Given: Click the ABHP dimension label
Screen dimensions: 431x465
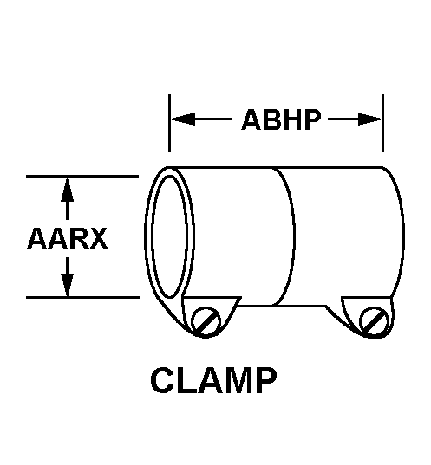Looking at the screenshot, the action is tap(281, 119).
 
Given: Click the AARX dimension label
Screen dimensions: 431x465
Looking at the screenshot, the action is tap(67, 238).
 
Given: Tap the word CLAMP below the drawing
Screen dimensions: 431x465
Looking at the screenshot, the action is tap(214, 380).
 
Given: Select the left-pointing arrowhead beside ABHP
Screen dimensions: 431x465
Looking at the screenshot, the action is tap(183, 119).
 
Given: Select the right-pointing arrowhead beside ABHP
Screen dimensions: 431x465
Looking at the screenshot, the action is tap(369, 119).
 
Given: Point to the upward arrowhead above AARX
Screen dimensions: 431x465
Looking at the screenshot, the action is tap(68, 190).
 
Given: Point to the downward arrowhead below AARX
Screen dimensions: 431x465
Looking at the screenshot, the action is tap(68, 284).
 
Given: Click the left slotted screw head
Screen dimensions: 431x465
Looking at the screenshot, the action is tap(206, 321).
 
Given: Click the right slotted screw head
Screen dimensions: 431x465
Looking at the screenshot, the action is tap(374, 322).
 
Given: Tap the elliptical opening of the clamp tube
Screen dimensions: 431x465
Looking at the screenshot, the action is tap(169, 236).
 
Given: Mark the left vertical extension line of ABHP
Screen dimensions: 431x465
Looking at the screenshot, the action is tap(169, 123).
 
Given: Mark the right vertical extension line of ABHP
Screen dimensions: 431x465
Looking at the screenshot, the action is tap(383, 123).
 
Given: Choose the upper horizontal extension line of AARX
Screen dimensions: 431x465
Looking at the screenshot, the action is tap(82, 176).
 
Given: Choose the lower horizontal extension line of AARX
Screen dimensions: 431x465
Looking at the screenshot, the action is tap(82, 297).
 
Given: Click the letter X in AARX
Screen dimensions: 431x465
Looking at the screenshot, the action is tap(97, 238).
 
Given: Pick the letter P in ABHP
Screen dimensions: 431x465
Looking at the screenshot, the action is tap(312, 119).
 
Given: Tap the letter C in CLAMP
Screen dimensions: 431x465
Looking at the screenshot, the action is tap(162, 380).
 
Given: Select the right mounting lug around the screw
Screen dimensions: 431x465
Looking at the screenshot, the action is tap(369, 317).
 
